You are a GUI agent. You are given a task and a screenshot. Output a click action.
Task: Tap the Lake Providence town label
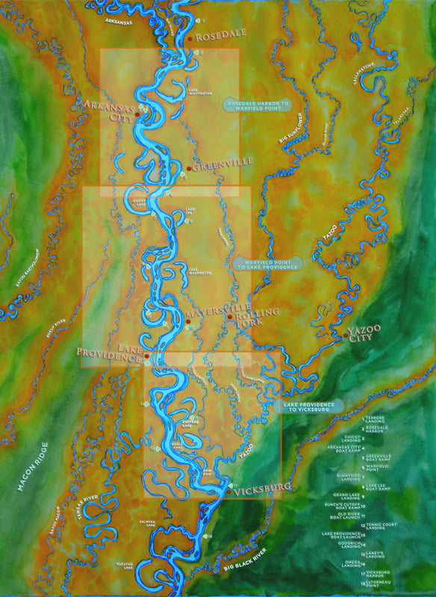coord(111,354)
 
